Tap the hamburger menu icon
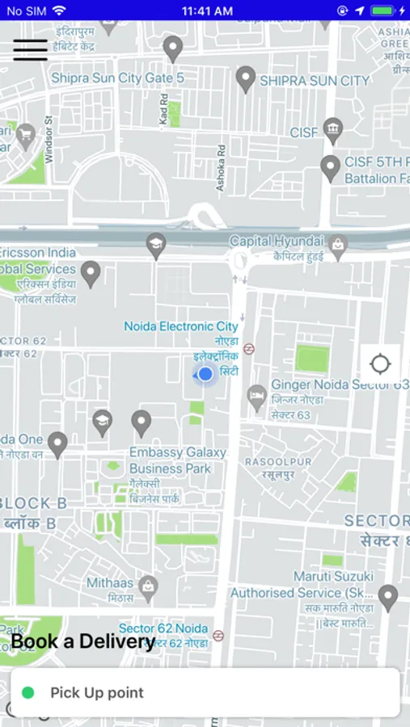pos(30,49)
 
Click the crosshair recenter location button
pos(380,363)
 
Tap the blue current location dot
pos(205,374)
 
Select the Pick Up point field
pos(205,692)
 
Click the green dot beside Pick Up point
pos(28,692)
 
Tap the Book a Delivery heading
pos(82,642)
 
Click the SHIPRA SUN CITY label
pos(314,81)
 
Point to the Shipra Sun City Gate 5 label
pos(117,78)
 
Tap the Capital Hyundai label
pos(277,241)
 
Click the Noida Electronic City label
pos(181,326)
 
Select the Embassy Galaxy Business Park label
pos(177,460)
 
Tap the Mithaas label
pos(110,582)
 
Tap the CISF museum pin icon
pos(332,129)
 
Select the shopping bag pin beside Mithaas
pos(147,587)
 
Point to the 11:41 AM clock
pos(207,11)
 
